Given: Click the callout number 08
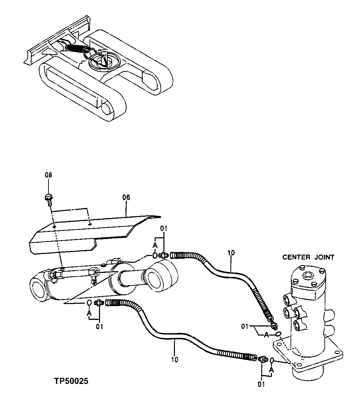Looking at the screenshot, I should pos(48,175).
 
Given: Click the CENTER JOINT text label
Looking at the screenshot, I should pos(308,257).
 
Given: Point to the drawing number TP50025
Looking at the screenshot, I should pos(71,381).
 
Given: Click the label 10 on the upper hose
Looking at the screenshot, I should pos(231,253).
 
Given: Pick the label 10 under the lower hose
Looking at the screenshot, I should pos(175,359).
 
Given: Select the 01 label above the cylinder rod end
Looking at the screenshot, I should pos(164,229).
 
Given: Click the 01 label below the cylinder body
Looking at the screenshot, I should pos(99,327).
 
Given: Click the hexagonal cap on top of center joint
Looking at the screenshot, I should pos(308,275).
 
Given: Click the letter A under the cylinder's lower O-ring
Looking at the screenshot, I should pos(89,314).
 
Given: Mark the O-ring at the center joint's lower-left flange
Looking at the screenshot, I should pos(272,361).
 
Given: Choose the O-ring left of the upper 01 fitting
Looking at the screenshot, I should pos(154,255).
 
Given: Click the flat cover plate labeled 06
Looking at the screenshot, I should pos(92,230).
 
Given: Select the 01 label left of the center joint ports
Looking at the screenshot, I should pos(245,326).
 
